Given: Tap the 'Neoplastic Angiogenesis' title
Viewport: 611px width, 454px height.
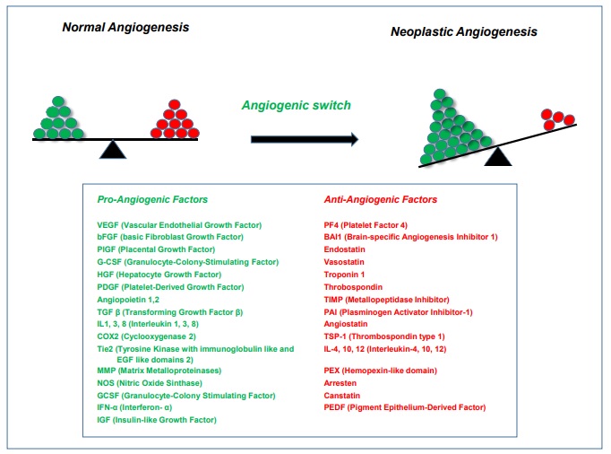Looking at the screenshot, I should point(464,31).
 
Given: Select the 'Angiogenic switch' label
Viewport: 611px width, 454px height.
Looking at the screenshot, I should point(296,105).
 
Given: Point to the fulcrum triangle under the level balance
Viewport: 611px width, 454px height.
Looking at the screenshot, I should point(113,150).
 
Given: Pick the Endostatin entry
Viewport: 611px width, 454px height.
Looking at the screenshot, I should point(346,249).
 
